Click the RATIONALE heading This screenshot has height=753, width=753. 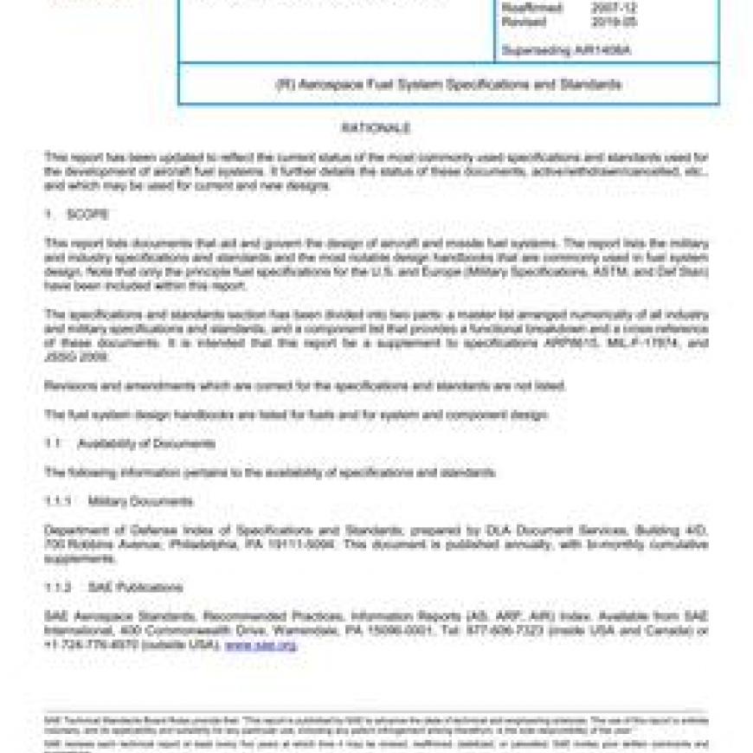point(375,128)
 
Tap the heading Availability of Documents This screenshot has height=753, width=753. point(146,443)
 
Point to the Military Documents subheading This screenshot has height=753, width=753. point(140,501)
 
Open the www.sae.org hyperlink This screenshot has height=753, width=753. point(261,645)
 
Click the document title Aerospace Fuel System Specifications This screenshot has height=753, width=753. point(447,85)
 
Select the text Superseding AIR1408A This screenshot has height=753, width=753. point(565,50)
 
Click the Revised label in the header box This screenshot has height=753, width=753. point(524,22)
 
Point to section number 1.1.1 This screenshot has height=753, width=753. point(61,501)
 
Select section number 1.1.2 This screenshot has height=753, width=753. point(61,587)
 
